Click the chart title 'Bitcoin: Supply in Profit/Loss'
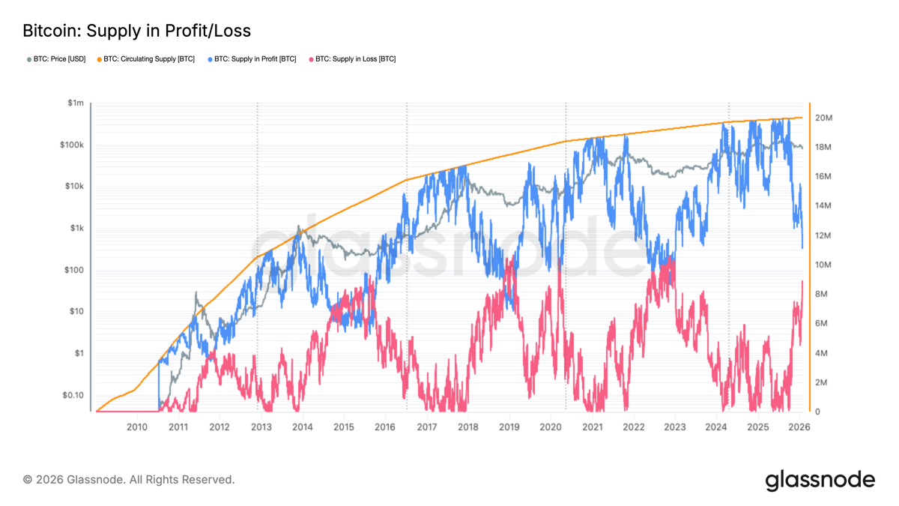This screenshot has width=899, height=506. coord(136,31)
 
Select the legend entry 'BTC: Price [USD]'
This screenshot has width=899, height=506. coord(58,58)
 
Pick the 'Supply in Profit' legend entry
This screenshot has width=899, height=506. coord(255,58)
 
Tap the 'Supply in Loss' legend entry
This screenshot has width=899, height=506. coord(355,58)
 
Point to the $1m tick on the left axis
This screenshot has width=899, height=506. coord(75,103)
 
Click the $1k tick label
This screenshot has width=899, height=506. coord(76,229)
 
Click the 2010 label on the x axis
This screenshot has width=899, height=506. coord(136,427)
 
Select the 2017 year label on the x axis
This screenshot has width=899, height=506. coord(426,427)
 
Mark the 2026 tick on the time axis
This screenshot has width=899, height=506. coord(799,427)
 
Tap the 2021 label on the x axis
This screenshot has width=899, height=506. coord(592,427)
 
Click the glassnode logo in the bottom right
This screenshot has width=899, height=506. coord(820,480)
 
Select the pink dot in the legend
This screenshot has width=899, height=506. coord(310,58)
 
